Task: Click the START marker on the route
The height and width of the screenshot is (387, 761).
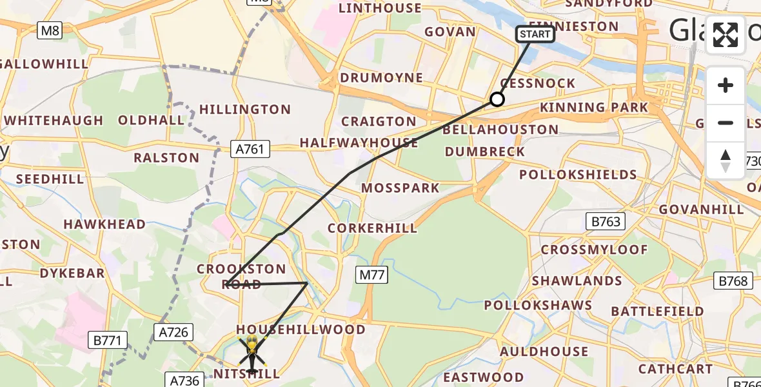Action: click(x=535, y=34)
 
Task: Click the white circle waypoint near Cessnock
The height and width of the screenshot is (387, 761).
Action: click(x=497, y=99)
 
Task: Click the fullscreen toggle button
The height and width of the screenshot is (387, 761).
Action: click(x=726, y=35)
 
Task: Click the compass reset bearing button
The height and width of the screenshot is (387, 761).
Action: click(x=726, y=160)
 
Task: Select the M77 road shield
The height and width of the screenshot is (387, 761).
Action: click(x=372, y=275)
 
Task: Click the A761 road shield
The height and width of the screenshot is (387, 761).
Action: click(x=251, y=150)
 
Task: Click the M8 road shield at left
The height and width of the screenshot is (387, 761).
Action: click(x=50, y=30)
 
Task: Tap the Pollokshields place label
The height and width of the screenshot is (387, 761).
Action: click(x=578, y=175)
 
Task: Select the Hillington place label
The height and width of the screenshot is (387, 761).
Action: click(x=244, y=110)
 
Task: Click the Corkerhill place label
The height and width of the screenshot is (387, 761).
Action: click(x=373, y=228)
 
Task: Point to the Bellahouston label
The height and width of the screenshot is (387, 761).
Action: click(x=500, y=130)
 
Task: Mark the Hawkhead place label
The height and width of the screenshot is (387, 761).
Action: click(x=104, y=224)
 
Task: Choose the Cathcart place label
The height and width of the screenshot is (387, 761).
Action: click(x=675, y=370)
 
